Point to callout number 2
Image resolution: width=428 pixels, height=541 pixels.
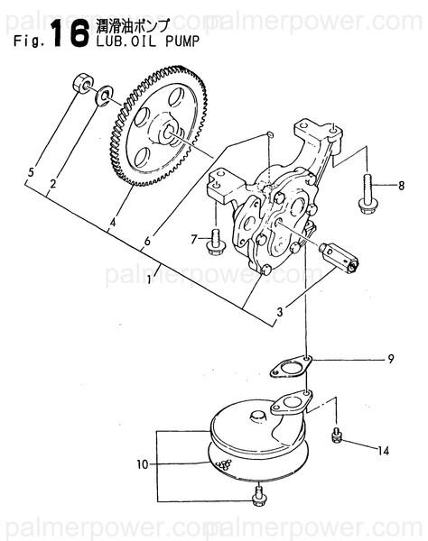[53, 184]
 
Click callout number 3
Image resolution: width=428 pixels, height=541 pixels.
[280, 312]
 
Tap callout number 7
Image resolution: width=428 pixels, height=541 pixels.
[193, 238]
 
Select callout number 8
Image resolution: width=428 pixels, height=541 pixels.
[401, 186]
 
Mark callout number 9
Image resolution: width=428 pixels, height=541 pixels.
[391, 360]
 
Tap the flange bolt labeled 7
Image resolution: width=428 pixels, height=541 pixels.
[216, 240]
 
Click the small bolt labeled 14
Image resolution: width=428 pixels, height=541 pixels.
[336, 436]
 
